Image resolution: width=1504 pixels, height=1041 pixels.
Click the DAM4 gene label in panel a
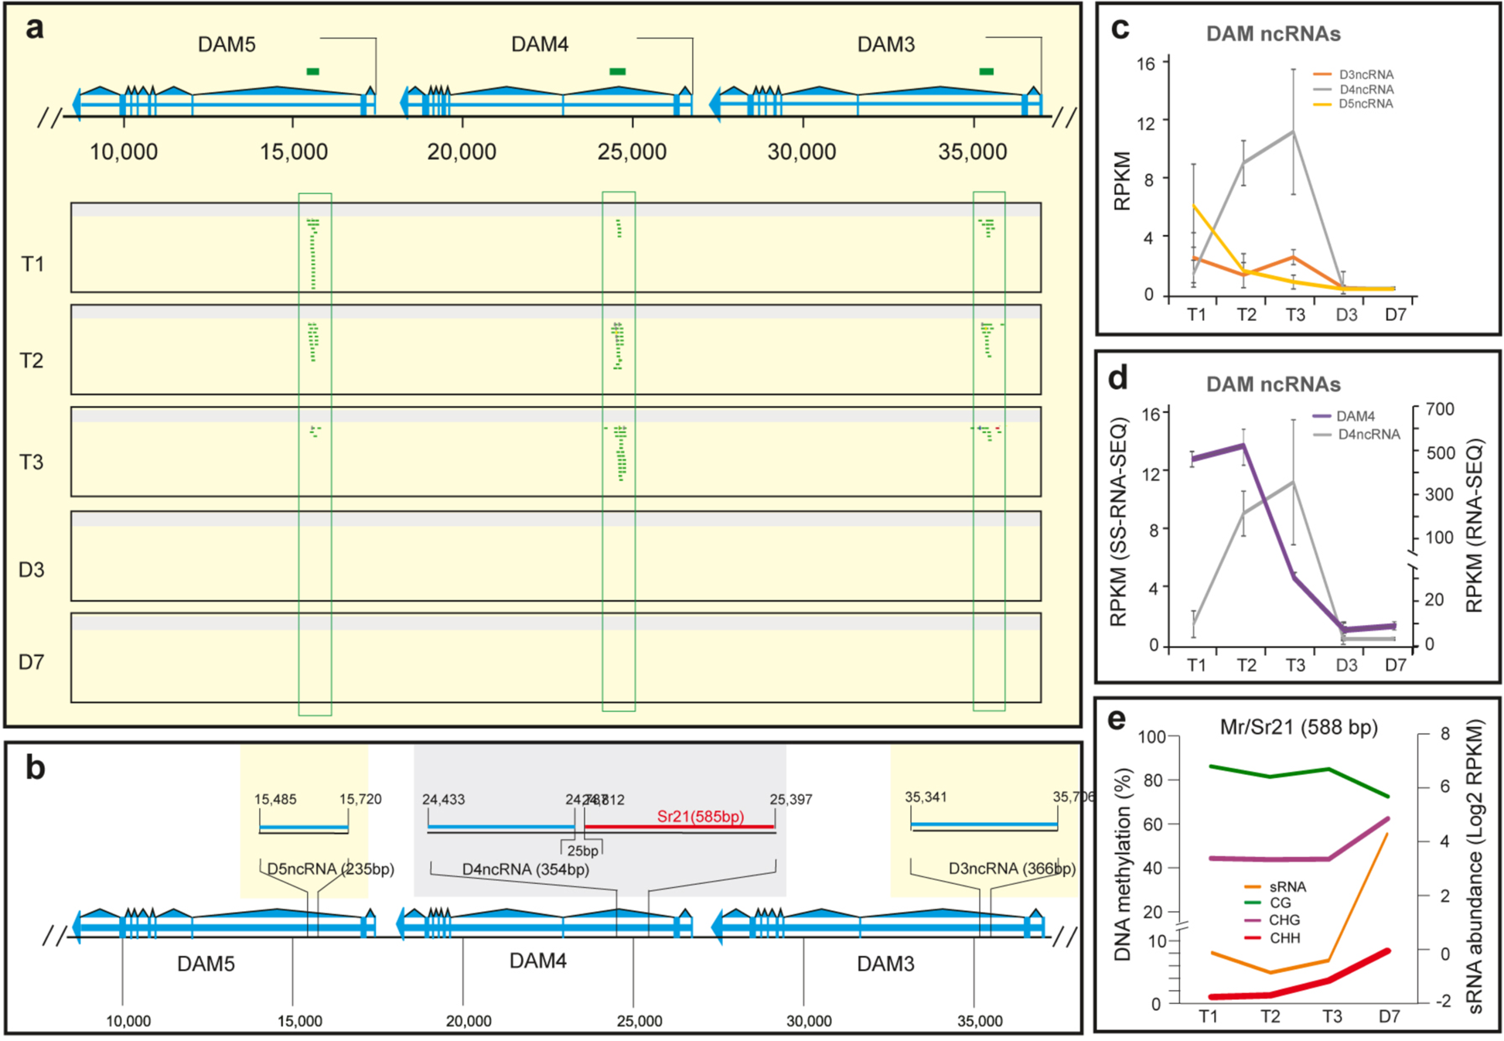pyautogui.click(x=539, y=45)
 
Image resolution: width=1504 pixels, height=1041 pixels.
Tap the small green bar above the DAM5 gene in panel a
pyautogui.click(x=312, y=72)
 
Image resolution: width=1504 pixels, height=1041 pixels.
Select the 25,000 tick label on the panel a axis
pyautogui.click(x=632, y=152)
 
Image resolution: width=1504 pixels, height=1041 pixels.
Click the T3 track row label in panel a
pyautogui.click(x=32, y=462)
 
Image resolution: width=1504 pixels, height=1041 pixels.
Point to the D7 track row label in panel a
pyautogui.click(x=31, y=662)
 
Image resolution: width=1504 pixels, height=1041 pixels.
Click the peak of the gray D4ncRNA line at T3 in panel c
pyautogui.click(x=1293, y=131)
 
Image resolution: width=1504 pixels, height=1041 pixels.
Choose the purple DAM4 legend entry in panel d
pyautogui.click(x=1354, y=416)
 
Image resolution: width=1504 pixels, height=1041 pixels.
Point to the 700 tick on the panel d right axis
pyautogui.click(x=1440, y=409)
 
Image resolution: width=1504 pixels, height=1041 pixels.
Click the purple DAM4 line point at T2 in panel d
pyautogui.click(x=1243, y=445)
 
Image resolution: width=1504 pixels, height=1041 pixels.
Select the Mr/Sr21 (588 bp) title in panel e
pyautogui.click(x=1298, y=728)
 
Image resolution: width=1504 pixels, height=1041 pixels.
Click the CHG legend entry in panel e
pyautogui.click(x=1284, y=920)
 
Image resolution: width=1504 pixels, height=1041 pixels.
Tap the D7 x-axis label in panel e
pyautogui.click(x=1389, y=1016)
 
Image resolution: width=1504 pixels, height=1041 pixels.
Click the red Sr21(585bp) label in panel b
pyautogui.click(x=700, y=816)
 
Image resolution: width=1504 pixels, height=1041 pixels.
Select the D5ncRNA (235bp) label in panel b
pyautogui.click(x=330, y=869)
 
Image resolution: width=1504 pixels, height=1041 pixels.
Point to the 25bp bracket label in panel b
pyautogui.click(x=582, y=851)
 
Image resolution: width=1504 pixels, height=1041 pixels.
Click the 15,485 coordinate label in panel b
pyautogui.click(x=275, y=800)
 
